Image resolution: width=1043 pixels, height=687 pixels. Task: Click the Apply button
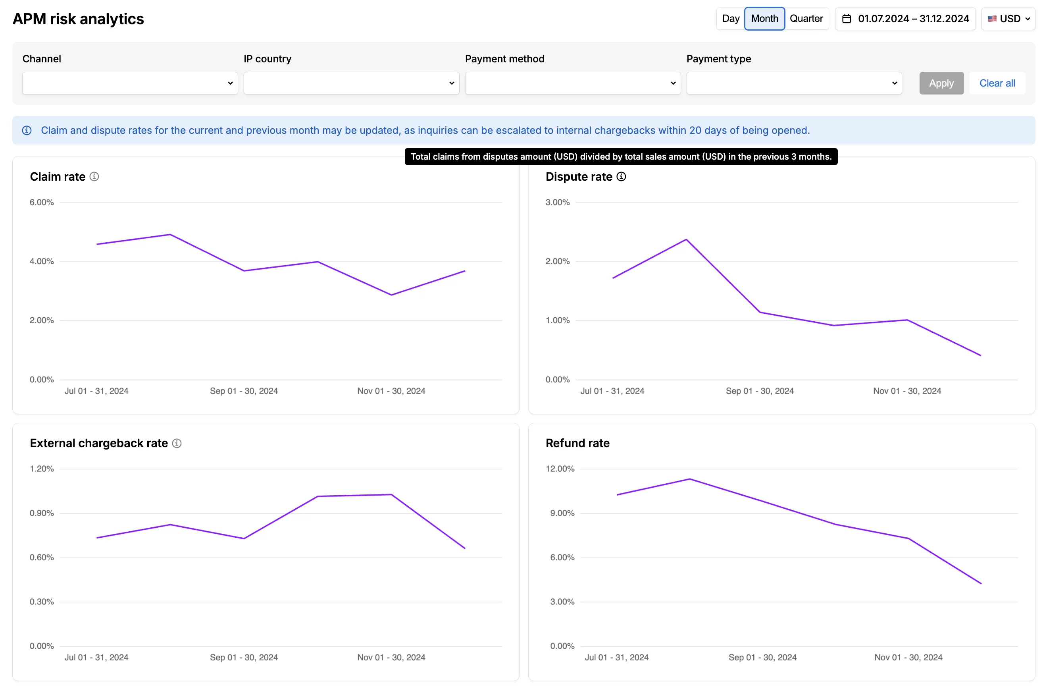[941, 83]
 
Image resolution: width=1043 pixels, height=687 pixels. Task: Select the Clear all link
[997, 83]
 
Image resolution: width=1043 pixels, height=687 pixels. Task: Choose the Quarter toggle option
[806, 19]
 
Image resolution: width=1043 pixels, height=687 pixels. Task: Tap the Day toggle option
[730, 19]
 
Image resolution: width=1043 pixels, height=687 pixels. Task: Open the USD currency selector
[1008, 19]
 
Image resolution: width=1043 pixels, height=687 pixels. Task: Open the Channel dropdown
[130, 83]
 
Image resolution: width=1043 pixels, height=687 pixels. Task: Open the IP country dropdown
[351, 83]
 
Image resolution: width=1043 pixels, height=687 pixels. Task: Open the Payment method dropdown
[572, 83]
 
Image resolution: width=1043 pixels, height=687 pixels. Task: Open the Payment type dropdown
[794, 83]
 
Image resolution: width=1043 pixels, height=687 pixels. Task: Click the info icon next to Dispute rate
[621, 177]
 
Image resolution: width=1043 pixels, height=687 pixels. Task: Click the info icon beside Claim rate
[94, 177]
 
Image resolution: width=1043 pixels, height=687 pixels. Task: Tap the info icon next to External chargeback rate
[177, 443]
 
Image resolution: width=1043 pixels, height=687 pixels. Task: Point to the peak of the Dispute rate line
[686, 239]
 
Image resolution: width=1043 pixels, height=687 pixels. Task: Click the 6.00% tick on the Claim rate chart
[42, 203]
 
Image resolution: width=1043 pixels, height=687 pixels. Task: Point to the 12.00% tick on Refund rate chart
[560, 469]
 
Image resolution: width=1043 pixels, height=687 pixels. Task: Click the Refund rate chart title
[577, 443]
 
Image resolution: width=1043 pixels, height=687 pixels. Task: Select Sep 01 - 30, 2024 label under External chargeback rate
[244, 657]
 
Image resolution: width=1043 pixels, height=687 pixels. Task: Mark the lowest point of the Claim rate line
[391, 295]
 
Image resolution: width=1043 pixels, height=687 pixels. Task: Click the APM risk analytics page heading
[78, 19]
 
